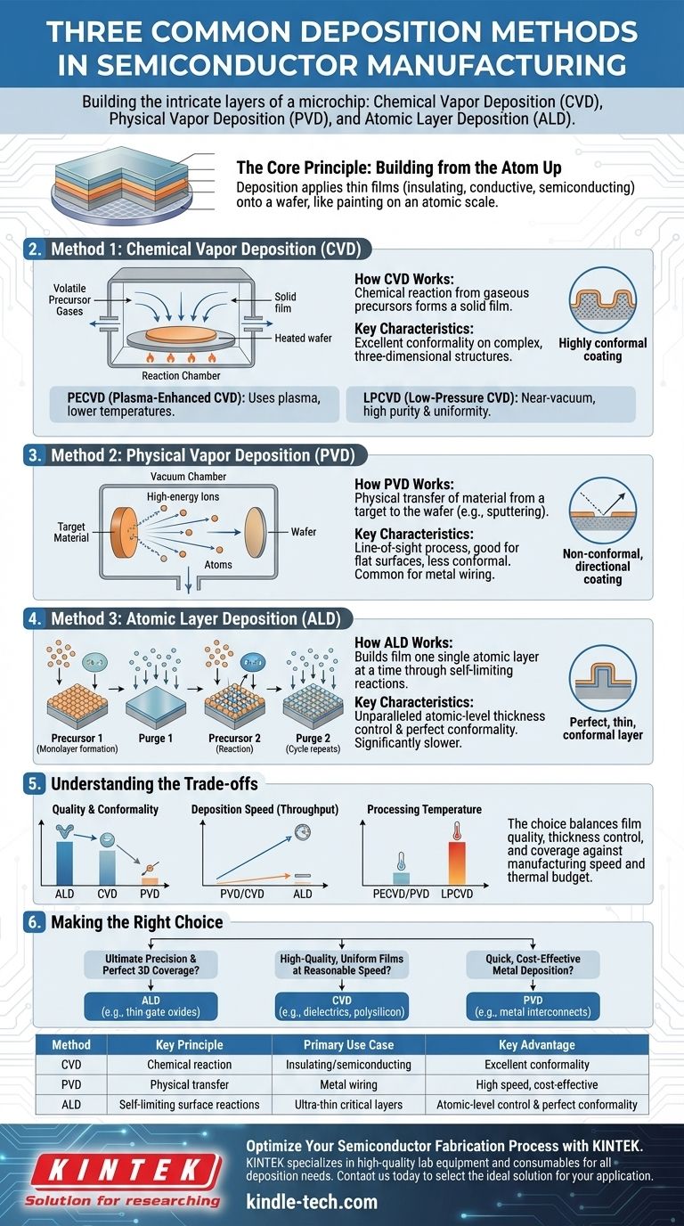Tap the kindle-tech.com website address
pyautogui.click(x=312, y=1201)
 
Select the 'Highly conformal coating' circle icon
pyautogui.click(x=602, y=300)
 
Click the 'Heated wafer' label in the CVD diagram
pyautogui.click(x=303, y=339)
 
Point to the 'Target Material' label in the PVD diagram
pyautogui.click(x=71, y=532)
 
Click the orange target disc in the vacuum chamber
pyautogui.click(x=123, y=532)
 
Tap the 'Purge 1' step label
pyautogui.click(x=155, y=738)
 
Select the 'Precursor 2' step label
pyautogui.click(x=234, y=738)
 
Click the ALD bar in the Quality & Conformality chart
pyautogui.click(x=64, y=863)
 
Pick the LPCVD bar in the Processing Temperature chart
pyautogui.click(x=457, y=863)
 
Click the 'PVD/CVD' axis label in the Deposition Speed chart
pyautogui.click(x=242, y=894)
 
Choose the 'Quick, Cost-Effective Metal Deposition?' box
pyautogui.click(x=533, y=964)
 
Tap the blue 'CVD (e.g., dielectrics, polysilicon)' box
pyautogui.click(x=342, y=1006)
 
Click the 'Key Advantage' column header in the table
pyautogui.click(x=537, y=1044)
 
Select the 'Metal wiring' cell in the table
pyautogui.click(x=348, y=1084)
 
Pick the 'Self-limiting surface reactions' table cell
pyautogui.click(x=190, y=1105)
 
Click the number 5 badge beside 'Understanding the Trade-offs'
pyautogui.click(x=35, y=784)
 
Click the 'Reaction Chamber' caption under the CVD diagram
pyautogui.click(x=181, y=375)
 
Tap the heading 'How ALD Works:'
pyautogui.click(x=403, y=642)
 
